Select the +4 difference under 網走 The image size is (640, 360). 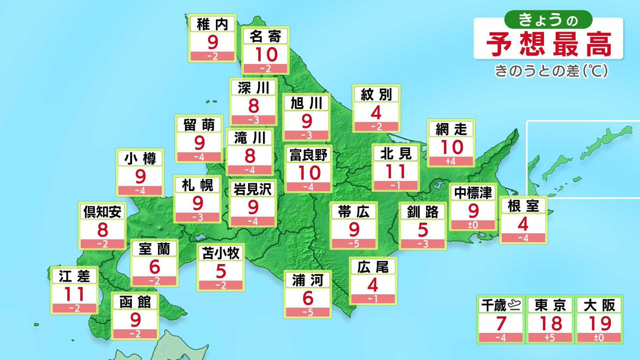click(x=450, y=161)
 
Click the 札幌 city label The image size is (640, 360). click(x=197, y=185)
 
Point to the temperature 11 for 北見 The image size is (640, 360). click(x=396, y=171)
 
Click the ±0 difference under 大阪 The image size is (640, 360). click(x=598, y=337)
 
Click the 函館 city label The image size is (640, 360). click(x=135, y=303)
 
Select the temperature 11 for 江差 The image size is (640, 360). click(x=75, y=294)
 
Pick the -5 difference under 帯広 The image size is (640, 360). click(x=353, y=243)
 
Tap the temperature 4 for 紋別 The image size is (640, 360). click(x=375, y=113)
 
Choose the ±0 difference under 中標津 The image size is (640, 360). click(x=473, y=225)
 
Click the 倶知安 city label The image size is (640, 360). click(x=102, y=212)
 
